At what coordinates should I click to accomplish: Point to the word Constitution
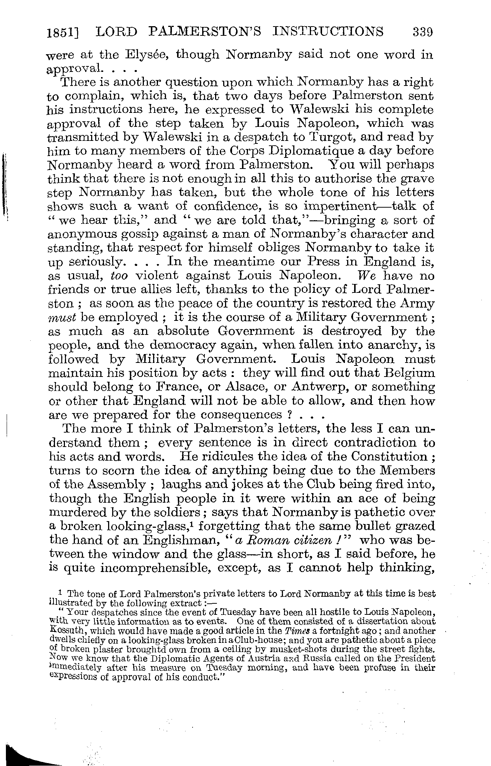pos(391,457)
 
